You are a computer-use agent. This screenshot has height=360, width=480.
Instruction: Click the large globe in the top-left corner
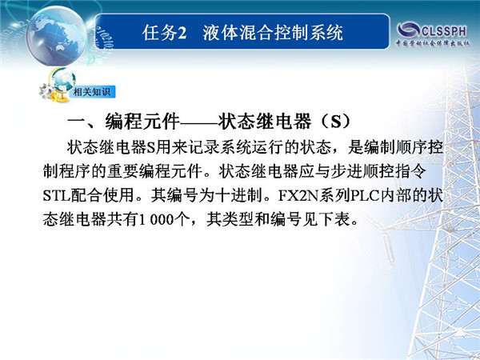[57, 36]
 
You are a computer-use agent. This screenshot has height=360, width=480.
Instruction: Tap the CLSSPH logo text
[444, 31]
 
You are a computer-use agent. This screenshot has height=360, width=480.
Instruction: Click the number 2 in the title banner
[182, 33]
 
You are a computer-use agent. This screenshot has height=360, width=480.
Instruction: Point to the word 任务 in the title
[160, 33]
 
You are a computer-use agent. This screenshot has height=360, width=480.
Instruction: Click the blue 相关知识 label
[92, 91]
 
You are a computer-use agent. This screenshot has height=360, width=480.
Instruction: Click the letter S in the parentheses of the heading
[336, 122]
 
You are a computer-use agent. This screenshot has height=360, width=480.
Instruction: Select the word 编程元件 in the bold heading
[142, 122]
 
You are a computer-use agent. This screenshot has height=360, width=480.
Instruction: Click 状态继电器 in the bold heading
[265, 122]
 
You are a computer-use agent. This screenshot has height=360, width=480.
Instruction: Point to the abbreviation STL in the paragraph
[57, 196]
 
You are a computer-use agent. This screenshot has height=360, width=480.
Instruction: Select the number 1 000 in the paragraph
[157, 219]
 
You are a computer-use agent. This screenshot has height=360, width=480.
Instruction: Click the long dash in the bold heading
[198, 122]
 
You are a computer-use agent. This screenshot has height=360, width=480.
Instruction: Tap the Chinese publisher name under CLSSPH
[433, 43]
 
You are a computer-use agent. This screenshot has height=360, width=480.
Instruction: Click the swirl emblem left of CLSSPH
[408, 30]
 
